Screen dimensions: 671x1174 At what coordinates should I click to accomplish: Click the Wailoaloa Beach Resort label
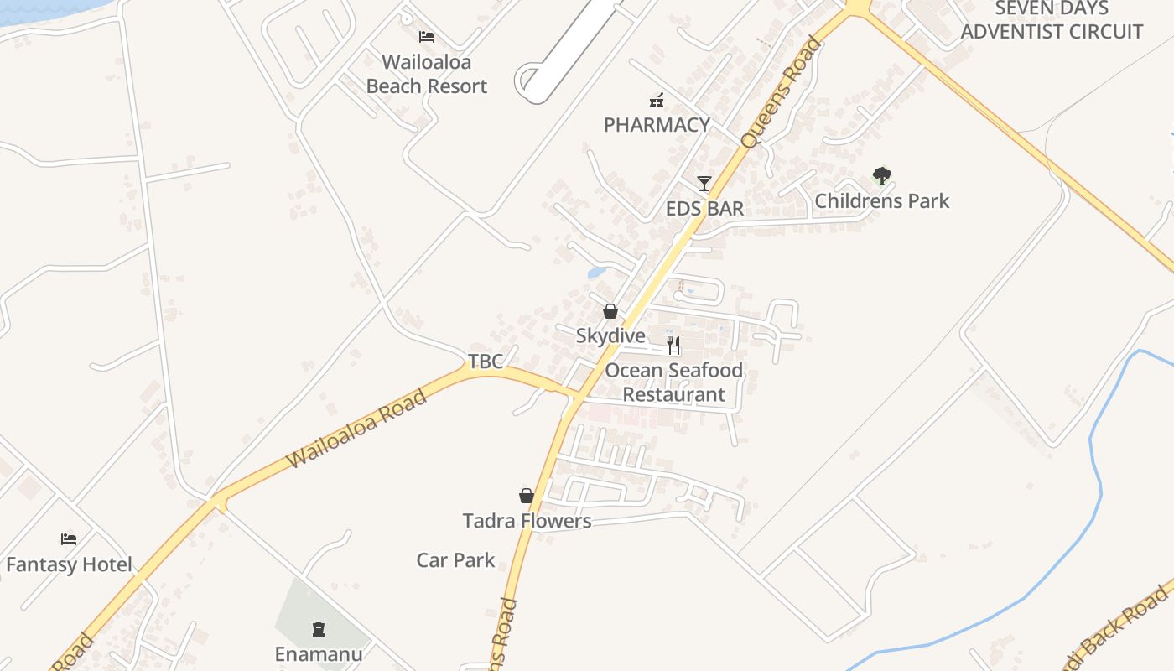pos(427,74)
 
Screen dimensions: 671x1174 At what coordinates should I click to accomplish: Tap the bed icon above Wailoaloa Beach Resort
pos(427,36)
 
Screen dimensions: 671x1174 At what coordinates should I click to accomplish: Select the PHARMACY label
pos(657,125)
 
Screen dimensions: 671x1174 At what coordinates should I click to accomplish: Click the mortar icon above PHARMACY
pos(657,101)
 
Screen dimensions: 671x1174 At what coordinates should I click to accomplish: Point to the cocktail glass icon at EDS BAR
pos(704,183)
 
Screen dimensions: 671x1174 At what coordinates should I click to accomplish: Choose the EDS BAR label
pos(704,208)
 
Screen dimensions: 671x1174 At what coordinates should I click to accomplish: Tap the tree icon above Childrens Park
pos(881,176)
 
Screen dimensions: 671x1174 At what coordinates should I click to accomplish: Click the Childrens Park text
pos(881,200)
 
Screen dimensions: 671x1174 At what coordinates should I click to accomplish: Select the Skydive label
pos(610,336)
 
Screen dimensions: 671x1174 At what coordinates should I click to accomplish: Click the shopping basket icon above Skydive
pos(610,312)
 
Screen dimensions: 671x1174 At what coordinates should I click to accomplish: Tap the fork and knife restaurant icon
pos(673,345)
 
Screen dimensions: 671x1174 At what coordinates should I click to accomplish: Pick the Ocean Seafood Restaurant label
pos(673,382)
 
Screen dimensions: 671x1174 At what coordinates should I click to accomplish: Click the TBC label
pos(486,362)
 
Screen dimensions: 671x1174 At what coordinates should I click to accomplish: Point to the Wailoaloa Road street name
pos(356,429)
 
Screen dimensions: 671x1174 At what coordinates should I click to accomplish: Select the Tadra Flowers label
pos(527,521)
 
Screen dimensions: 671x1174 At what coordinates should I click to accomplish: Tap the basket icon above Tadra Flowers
pos(527,496)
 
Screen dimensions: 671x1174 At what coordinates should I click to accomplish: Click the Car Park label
pos(455,560)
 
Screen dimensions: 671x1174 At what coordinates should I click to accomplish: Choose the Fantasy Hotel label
pos(69,564)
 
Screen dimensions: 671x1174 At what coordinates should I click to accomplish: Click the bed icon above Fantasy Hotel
pos(69,538)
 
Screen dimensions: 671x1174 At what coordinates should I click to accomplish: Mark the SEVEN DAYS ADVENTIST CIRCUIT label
pos(1052,20)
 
